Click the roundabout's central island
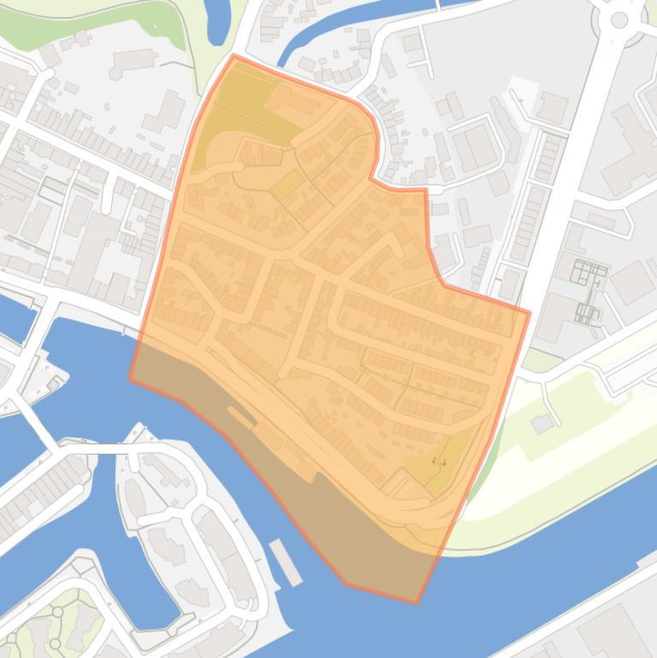(x=619, y=19)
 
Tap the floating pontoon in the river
(x=285, y=561)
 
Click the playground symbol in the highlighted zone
(x=438, y=461)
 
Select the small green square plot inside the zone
(x=288, y=185)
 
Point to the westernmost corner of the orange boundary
(x=130, y=378)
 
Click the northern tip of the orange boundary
(x=233, y=56)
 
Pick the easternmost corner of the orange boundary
(x=530, y=312)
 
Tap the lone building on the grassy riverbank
(x=541, y=423)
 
